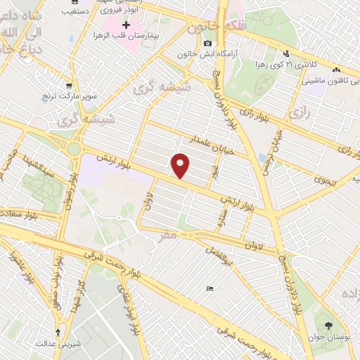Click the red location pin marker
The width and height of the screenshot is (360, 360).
point(181,165)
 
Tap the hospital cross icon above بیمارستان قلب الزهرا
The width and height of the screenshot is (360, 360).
point(126,23)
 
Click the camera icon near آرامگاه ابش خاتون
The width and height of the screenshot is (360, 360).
point(208,44)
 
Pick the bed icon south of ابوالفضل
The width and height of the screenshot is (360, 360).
point(209,289)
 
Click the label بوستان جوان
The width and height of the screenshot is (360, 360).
point(328,336)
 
